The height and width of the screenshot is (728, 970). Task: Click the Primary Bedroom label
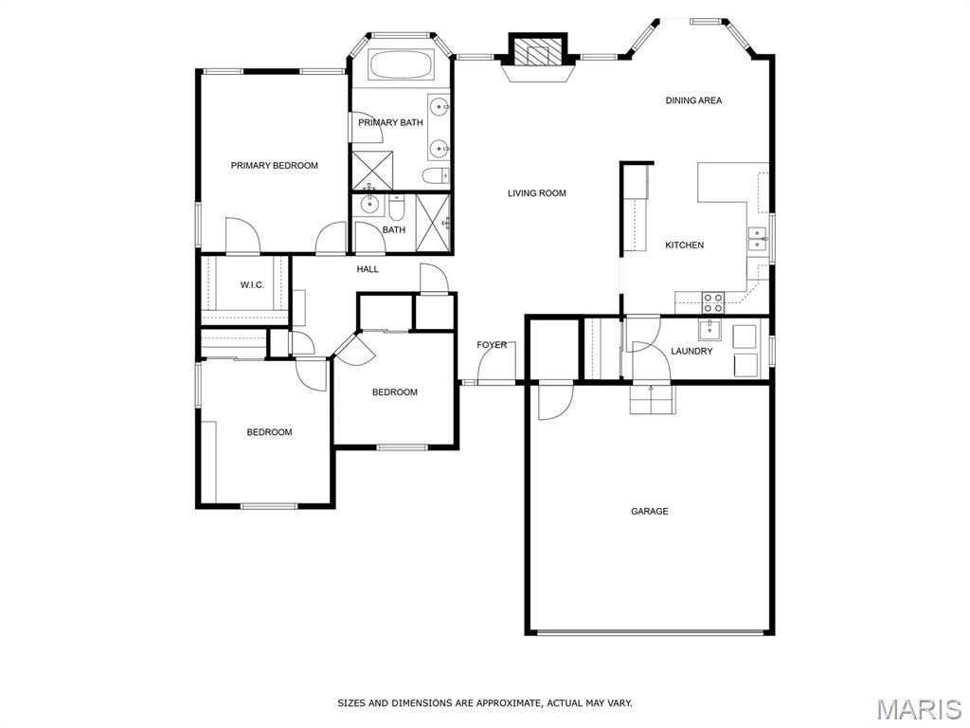click(x=274, y=165)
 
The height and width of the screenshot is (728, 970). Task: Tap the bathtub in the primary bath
click(x=402, y=65)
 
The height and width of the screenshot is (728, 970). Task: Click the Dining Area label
click(x=693, y=100)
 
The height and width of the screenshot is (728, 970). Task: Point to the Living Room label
click(x=537, y=193)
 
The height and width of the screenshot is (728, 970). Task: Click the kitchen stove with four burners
click(x=713, y=302)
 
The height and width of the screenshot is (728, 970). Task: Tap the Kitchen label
click(x=684, y=246)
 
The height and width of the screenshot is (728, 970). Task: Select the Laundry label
click(x=692, y=351)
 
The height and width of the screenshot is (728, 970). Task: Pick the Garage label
click(x=650, y=511)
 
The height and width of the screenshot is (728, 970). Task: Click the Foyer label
click(x=492, y=345)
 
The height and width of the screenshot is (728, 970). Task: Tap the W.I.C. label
click(x=252, y=284)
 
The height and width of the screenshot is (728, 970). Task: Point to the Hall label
click(x=368, y=269)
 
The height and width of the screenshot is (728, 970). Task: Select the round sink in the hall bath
click(x=370, y=205)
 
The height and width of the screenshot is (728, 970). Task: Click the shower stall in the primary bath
click(x=372, y=170)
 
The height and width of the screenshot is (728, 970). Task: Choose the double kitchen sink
click(x=758, y=238)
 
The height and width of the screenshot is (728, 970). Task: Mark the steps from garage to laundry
click(x=652, y=399)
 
